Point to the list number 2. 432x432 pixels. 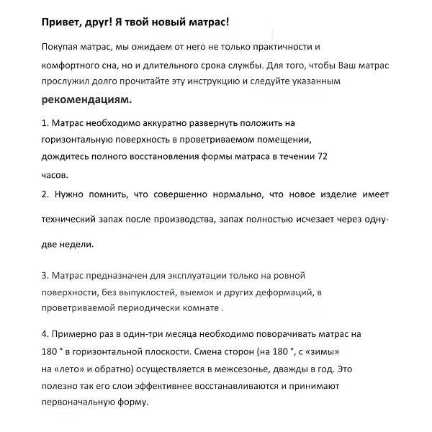45,194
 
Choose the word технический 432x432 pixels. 71,219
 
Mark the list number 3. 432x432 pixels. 45,275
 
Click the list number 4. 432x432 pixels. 45,335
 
